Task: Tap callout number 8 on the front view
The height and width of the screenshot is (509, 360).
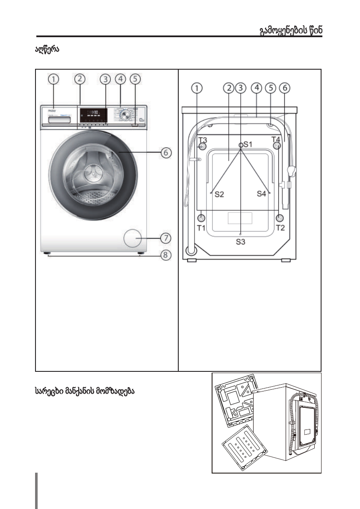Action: [165, 255]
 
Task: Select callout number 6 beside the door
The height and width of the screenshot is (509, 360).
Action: [165, 152]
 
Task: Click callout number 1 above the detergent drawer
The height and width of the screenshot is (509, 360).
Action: [53, 79]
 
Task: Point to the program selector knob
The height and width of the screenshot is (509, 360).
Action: [125, 115]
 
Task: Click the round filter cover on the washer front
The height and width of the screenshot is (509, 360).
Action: [133, 238]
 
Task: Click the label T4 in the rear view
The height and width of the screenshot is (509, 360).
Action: [277, 139]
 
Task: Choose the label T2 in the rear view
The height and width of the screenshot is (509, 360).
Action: [280, 228]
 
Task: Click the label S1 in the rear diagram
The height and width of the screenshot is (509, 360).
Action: [248, 144]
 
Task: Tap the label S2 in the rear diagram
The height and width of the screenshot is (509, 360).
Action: [219, 194]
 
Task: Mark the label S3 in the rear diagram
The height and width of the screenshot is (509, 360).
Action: [241, 242]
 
